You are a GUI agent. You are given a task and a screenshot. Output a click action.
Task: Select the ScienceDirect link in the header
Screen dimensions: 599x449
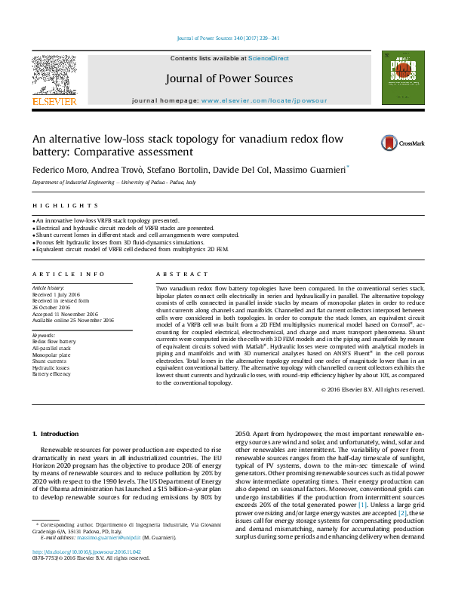[268, 58]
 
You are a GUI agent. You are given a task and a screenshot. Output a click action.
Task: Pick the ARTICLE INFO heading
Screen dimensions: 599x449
[68, 275]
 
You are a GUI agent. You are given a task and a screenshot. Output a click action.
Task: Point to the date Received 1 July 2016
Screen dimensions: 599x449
[57, 294]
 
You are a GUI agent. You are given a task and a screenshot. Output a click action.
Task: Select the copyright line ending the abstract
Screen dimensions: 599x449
[373, 390]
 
